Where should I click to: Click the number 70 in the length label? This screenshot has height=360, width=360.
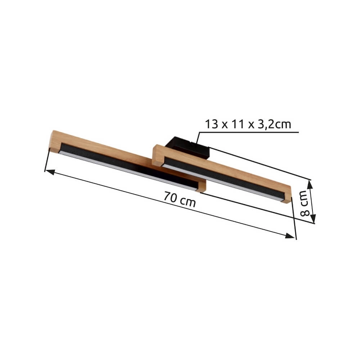click(x=170, y=197)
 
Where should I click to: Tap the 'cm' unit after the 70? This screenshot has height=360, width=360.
click(x=188, y=203)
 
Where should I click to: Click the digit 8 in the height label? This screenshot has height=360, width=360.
click(x=305, y=213)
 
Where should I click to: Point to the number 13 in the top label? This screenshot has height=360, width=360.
click(x=211, y=124)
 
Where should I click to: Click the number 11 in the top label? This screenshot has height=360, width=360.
click(x=238, y=124)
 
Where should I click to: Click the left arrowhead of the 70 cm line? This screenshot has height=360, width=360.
click(x=50, y=172)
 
